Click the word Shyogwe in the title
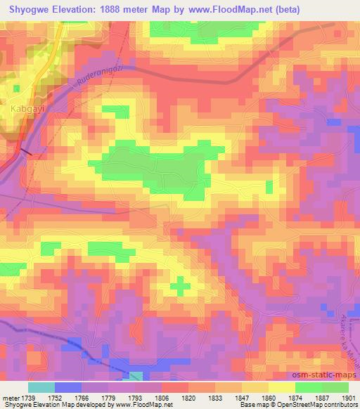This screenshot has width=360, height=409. coord(27,9)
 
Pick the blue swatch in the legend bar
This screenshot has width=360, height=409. coord(67,387)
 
